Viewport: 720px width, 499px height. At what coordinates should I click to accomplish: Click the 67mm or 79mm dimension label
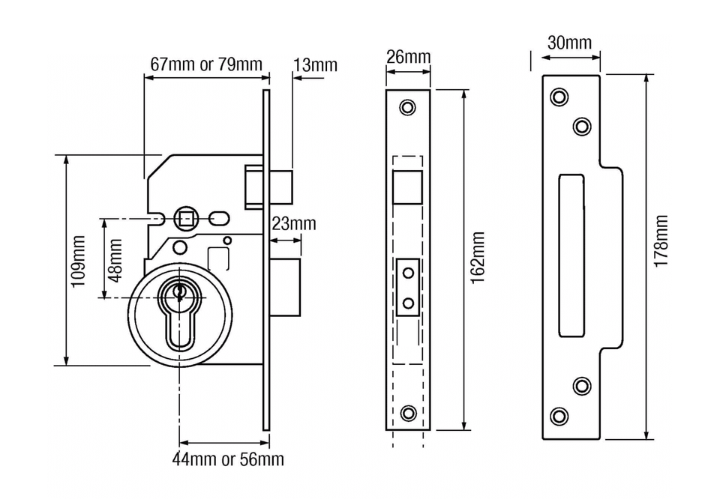(206, 64)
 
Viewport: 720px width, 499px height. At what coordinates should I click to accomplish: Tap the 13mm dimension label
(315, 65)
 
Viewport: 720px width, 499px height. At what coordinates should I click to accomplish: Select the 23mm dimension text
(293, 223)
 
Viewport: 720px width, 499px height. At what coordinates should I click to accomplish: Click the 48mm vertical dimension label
(115, 259)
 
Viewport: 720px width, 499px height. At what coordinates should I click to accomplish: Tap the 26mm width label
(409, 57)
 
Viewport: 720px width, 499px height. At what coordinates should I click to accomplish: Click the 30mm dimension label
(569, 42)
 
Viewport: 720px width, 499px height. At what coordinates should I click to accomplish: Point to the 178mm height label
(661, 241)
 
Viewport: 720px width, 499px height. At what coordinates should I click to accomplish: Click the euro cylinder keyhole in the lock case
(179, 315)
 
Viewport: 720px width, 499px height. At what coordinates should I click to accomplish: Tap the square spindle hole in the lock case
(184, 219)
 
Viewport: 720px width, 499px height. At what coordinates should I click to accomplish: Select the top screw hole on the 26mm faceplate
(407, 107)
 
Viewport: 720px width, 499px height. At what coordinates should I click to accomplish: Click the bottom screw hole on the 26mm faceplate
(408, 412)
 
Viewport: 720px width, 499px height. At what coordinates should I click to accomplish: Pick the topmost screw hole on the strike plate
(559, 97)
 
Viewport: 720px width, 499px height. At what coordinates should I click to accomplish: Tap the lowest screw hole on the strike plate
(559, 416)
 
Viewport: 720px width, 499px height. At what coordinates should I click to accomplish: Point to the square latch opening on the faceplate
(408, 185)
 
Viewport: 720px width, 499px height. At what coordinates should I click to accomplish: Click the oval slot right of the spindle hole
(218, 219)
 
